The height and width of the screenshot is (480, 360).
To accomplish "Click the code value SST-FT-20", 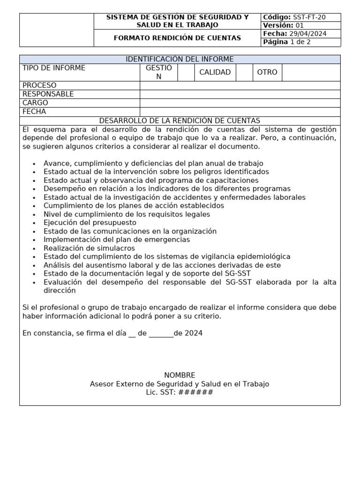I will [309, 17].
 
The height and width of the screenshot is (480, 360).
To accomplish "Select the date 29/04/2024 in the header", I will [308, 34].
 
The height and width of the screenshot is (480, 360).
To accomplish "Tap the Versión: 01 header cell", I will [300, 25].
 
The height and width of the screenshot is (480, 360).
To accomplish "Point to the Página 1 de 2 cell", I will [300, 42].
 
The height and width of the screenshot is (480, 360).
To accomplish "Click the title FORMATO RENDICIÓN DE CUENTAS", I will [177, 38].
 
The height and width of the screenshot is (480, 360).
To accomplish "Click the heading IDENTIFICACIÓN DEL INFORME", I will [180, 59].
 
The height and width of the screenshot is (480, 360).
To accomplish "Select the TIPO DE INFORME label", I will [54, 68].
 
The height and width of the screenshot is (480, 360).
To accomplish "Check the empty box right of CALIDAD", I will [244, 72].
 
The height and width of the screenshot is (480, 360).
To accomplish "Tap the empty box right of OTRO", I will [311, 72].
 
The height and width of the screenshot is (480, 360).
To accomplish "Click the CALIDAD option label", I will [215, 72].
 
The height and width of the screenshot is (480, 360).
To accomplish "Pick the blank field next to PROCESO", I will [240, 85].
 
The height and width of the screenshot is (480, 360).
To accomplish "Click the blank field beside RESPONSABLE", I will [240, 94].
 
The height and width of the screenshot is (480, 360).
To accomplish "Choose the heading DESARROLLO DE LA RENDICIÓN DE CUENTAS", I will [180, 121].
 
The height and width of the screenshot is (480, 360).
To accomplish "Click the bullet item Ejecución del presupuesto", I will [90, 223].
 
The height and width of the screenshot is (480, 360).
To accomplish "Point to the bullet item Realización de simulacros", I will [89, 248].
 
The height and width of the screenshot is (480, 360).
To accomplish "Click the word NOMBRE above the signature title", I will [180, 375].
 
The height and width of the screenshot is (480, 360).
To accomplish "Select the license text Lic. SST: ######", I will [180, 392].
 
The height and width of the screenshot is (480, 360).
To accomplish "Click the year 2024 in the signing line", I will [194, 333].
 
